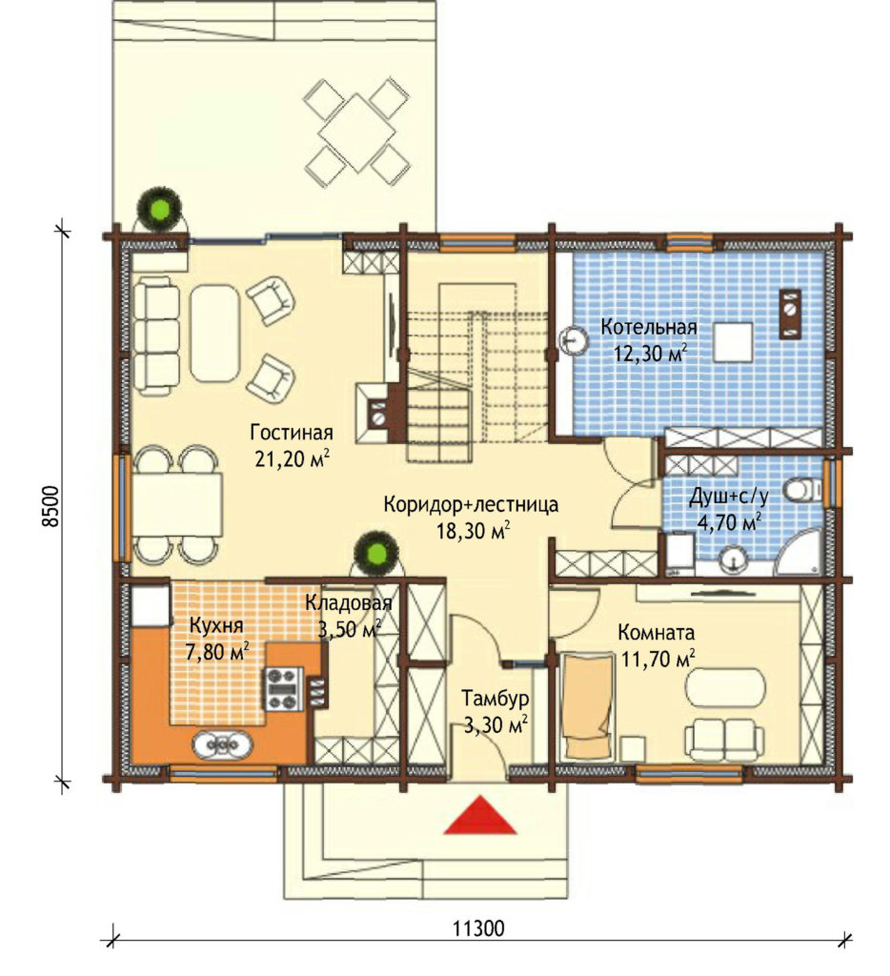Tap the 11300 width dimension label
(478, 929)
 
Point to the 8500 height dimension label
(51, 505)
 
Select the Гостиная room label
(292, 432)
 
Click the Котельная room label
(649, 327)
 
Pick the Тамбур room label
(495, 699)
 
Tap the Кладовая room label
(349, 602)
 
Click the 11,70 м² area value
(657, 659)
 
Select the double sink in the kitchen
(222, 743)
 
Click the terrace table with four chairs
(356, 132)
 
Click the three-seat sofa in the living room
(155, 336)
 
